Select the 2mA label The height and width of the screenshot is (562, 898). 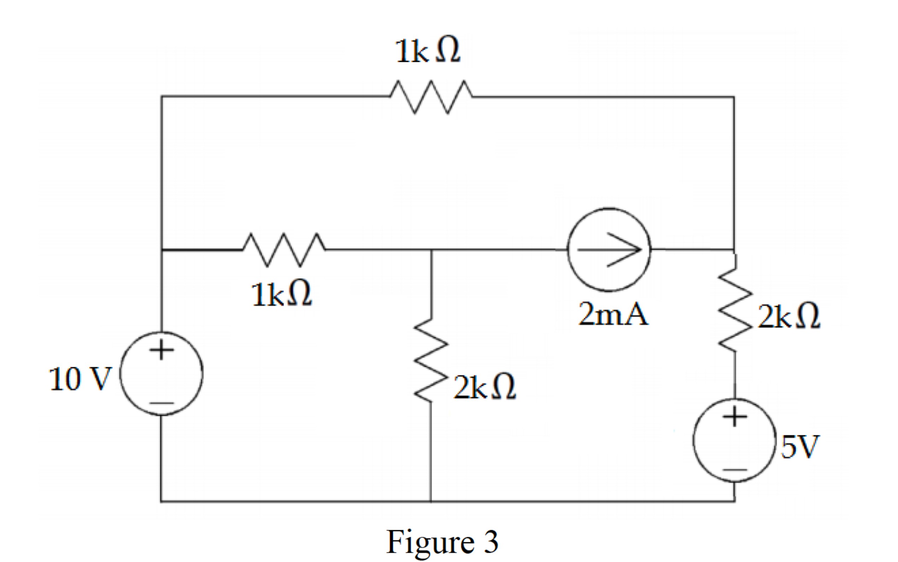click(x=613, y=314)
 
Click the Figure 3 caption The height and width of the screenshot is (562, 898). click(x=442, y=542)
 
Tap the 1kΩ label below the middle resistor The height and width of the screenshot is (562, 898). click(x=282, y=294)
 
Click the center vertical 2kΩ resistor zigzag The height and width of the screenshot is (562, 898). click(x=431, y=360)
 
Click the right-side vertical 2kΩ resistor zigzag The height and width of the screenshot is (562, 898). click(x=735, y=308)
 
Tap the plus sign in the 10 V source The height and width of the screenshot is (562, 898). click(x=161, y=350)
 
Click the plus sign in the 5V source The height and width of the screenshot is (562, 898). click(x=735, y=417)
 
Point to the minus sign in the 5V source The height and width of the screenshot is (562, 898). click(x=735, y=470)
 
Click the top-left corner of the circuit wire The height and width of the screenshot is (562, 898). click(x=162, y=97)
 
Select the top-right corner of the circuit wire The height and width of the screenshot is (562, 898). click(x=734, y=97)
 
